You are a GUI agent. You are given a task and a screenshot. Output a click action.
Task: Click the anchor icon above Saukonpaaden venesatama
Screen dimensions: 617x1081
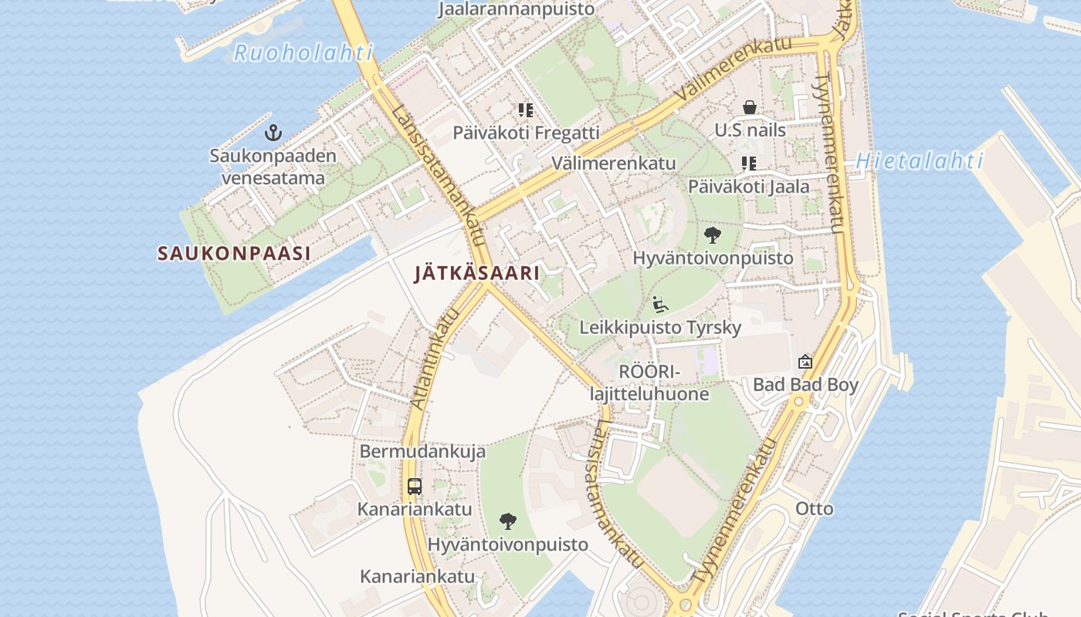click(x=273, y=133)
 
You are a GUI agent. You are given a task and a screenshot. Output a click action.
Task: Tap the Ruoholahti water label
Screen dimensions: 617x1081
click(x=303, y=53)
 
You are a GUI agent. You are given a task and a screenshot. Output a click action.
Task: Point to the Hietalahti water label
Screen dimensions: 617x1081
click(x=919, y=161)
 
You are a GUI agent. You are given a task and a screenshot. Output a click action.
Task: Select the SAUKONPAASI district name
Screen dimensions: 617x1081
click(x=234, y=253)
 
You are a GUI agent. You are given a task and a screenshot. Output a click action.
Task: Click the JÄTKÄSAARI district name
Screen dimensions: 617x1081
click(x=476, y=273)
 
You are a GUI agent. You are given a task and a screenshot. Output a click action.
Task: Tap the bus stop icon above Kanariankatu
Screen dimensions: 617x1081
click(x=415, y=486)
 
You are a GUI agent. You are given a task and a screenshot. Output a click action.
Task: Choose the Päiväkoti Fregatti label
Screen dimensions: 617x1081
click(x=526, y=133)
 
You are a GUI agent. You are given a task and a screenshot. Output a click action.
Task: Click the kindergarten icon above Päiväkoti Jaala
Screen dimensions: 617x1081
click(x=748, y=164)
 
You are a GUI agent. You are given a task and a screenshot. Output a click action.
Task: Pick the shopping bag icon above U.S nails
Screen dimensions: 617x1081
click(x=749, y=107)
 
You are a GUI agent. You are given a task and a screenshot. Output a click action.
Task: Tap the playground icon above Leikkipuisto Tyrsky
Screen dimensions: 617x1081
click(x=660, y=305)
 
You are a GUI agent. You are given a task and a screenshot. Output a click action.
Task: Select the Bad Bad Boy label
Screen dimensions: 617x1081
click(x=805, y=384)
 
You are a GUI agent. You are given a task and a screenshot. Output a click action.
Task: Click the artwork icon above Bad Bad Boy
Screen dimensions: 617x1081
click(x=805, y=361)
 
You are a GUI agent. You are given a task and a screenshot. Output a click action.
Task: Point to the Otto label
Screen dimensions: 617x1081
click(x=815, y=508)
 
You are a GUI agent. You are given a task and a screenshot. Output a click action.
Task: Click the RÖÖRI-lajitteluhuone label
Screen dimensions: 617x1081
click(x=649, y=383)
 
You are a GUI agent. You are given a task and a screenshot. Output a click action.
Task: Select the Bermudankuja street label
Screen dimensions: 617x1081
click(x=422, y=451)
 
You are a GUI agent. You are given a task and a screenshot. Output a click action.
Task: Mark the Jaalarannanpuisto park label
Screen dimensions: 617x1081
click(x=517, y=9)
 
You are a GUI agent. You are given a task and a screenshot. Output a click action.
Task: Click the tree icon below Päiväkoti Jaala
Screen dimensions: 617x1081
click(x=713, y=235)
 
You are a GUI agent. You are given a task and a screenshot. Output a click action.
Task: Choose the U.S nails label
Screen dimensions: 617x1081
click(x=750, y=130)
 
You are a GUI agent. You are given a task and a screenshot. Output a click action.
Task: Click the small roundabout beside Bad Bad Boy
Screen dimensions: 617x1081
click(x=798, y=401)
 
